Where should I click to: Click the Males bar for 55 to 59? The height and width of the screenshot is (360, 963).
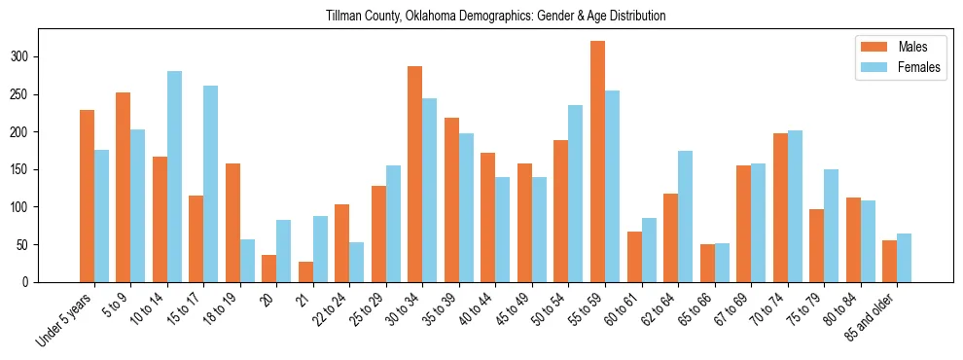(597, 161)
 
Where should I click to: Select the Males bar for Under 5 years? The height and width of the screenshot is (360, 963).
(87, 196)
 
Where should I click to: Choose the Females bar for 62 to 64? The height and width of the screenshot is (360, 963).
(685, 216)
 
